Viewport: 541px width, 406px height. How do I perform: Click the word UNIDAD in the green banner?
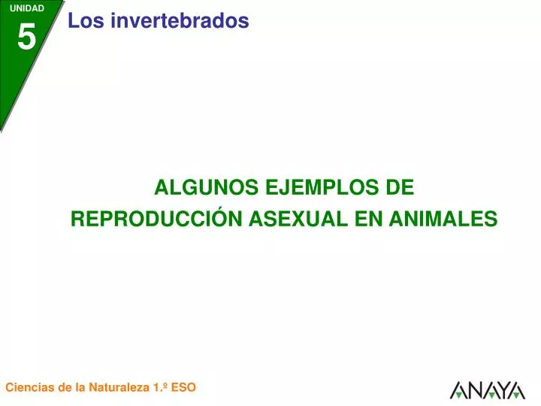point(27,8)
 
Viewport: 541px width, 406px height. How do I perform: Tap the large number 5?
point(26,37)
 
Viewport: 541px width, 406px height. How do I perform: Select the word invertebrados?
point(180,20)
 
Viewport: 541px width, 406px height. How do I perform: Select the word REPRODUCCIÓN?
point(156,218)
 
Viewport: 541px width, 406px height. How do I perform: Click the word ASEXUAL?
point(298,219)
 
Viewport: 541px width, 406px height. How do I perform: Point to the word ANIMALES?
point(443,219)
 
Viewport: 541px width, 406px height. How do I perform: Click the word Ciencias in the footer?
point(30,387)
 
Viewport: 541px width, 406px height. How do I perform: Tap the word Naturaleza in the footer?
point(119,387)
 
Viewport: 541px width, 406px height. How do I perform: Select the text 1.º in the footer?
point(160,387)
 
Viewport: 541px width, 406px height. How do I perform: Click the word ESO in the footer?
point(183,387)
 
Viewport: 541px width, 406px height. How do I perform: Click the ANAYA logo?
point(488,390)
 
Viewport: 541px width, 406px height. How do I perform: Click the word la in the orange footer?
point(80,387)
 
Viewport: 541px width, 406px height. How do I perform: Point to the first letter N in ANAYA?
point(473,390)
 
